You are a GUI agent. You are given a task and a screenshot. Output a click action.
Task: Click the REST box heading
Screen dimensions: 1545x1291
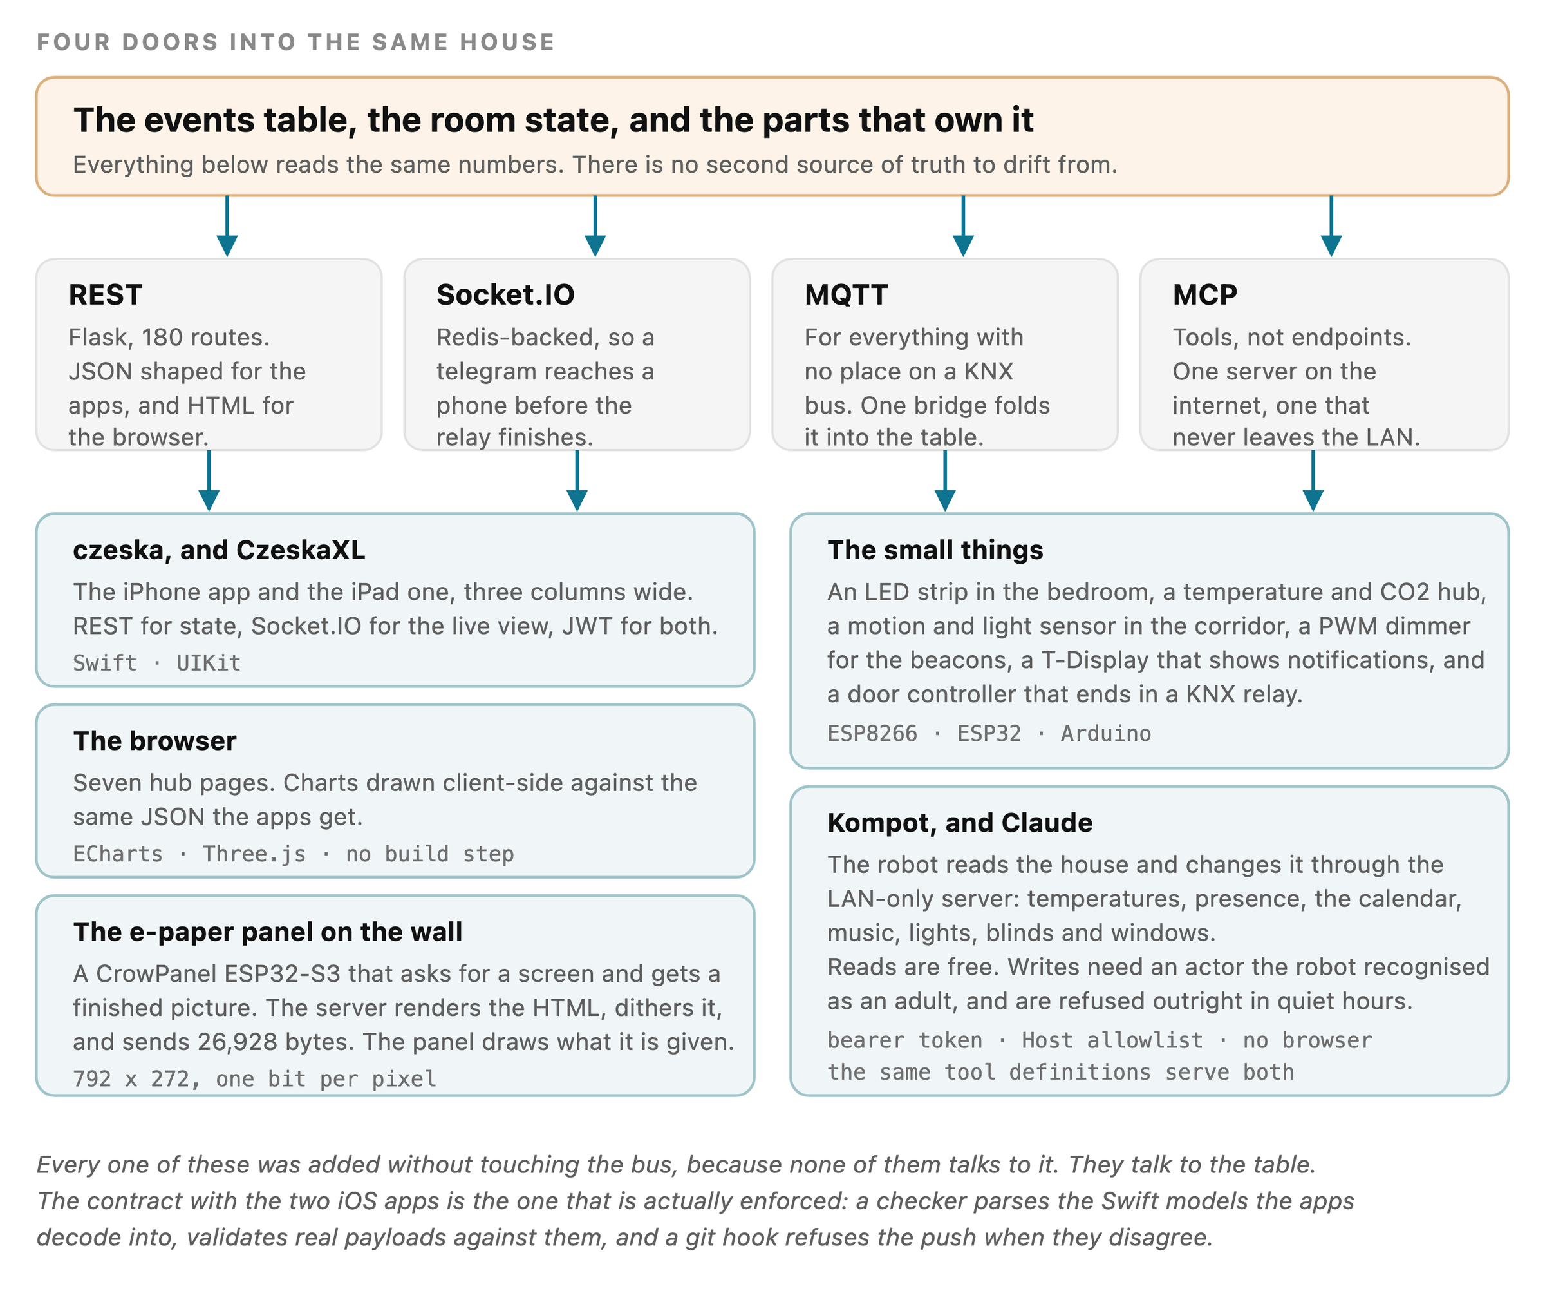coord(105,294)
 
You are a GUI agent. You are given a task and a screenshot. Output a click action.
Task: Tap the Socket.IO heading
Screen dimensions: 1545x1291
coord(505,294)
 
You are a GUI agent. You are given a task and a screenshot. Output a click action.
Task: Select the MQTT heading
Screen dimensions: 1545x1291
coord(846,294)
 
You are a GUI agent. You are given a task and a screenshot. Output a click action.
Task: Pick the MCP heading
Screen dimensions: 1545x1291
coord(1205,294)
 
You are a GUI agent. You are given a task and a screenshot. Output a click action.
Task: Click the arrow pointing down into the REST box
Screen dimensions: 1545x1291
coord(227,226)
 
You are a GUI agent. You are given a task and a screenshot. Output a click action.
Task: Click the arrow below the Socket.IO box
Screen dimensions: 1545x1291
coord(577,481)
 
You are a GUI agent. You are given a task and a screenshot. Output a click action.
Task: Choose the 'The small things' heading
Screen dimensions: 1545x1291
coord(935,550)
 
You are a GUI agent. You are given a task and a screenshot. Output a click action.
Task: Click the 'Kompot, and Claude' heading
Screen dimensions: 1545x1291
coord(960,823)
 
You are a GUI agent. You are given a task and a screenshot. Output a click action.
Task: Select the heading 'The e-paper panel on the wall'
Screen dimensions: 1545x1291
coord(268,932)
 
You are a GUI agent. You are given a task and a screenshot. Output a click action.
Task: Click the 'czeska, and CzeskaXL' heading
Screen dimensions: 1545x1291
coord(220,550)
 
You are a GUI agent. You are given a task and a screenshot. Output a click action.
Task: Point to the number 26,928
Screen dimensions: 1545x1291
coord(238,1042)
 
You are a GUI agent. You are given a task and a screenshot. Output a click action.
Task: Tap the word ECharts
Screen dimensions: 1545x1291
coord(118,854)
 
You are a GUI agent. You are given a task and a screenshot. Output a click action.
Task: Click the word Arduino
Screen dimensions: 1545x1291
coord(1106,733)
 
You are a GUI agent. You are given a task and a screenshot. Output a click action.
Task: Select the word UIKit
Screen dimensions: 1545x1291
coord(208,662)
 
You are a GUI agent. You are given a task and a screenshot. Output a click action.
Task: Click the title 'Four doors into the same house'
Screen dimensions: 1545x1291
coord(295,42)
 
